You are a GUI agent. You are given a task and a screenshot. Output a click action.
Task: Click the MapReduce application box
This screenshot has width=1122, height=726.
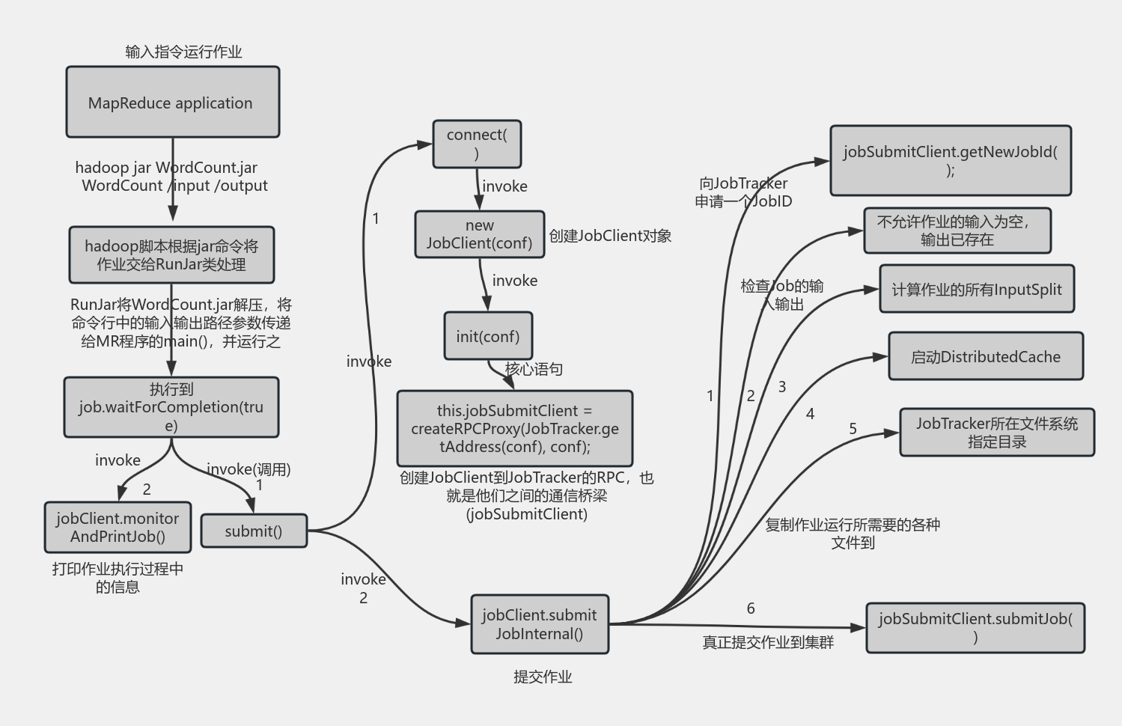(x=172, y=102)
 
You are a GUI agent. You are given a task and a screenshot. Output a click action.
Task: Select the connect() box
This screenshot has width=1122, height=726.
(x=477, y=144)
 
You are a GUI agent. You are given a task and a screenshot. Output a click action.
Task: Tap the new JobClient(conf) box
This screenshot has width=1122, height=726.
(x=479, y=234)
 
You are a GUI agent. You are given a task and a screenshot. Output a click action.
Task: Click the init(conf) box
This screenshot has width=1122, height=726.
(x=487, y=336)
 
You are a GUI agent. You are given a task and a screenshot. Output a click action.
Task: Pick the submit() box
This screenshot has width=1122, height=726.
(x=254, y=531)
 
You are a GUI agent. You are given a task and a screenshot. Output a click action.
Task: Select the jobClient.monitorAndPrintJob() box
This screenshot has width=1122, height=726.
(x=118, y=527)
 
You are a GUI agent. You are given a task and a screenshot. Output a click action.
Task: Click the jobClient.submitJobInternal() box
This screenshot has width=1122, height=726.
(x=539, y=624)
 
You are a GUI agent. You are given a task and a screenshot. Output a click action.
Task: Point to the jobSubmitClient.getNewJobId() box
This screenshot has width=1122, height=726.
(x=950, y=160)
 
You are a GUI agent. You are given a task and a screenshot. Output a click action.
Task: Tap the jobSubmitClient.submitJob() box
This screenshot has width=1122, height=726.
(x=975, y=627)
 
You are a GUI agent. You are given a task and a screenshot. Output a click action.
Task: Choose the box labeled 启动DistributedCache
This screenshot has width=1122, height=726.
(x=985, y=356)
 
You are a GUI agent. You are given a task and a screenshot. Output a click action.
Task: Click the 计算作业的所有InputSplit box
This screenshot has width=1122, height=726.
(x=976, y=289)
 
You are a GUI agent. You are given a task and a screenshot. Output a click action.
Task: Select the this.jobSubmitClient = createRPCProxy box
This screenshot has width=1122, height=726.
(x=514, y=428)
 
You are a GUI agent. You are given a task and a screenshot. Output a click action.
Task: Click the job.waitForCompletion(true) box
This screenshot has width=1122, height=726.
(x=171, y=407)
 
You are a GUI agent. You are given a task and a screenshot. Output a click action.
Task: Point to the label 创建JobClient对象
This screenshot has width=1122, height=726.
(x=610, y=236)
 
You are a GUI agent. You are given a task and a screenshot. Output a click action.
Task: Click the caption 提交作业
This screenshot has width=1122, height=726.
(x=543, y=677)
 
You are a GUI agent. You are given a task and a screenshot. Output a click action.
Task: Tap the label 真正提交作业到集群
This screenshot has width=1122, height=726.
(x=767, y=642)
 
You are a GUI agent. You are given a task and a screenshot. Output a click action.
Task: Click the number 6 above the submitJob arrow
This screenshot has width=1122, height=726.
(x=751, y=608)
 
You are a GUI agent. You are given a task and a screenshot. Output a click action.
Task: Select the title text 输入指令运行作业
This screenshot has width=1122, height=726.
(x=183, y=52)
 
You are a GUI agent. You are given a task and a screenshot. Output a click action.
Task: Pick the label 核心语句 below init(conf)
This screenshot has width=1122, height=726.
(x=534, y=369)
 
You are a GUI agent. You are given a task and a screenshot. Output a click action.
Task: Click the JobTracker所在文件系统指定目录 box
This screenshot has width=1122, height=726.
(x=996, y=432)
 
